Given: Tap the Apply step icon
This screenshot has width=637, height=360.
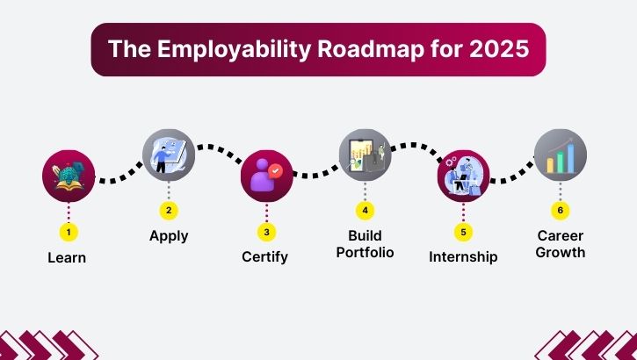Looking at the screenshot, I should coord(169,155).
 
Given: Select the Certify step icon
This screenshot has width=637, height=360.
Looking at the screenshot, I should coord(267,176).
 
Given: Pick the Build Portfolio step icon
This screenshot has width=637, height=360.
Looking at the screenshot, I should coord(366,155).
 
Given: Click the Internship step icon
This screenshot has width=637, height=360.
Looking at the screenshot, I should coord(463,176).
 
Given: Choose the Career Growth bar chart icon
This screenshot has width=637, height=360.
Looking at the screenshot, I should coord(561,155).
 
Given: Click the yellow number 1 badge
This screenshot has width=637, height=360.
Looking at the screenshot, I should coord(69,233).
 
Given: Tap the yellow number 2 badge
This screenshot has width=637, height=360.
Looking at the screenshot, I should coord(169,211).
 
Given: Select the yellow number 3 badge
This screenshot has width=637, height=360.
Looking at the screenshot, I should coord(267,233).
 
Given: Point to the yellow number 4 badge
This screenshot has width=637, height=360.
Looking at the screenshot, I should coord(366,211).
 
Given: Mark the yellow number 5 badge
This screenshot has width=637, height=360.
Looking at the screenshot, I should coord(463,233).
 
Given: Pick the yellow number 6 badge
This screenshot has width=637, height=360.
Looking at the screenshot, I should coord(561,211).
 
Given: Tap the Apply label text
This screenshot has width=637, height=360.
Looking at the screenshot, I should coord(169,235).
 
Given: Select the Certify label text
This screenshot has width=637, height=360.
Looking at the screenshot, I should coord(265,257).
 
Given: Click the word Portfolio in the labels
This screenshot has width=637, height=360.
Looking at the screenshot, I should coord(366,253).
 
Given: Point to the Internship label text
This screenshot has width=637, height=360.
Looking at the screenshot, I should coord(463,257).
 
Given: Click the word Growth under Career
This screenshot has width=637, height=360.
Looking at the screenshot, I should coord(561,253).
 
